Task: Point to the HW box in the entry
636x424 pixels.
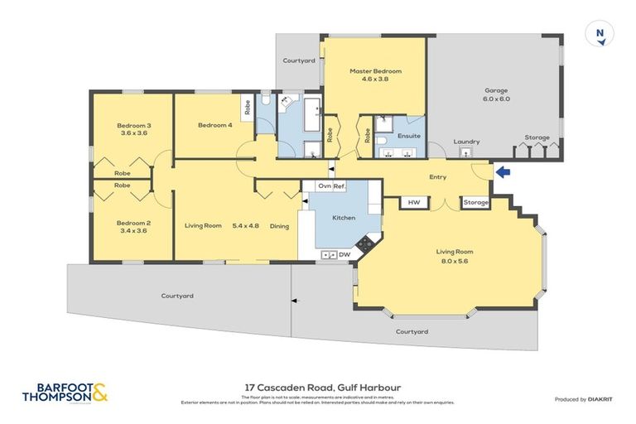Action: [412, 202]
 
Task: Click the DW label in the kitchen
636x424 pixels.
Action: [344, 254]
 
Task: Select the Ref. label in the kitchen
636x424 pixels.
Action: [339, 186]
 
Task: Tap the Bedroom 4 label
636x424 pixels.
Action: [214, 125]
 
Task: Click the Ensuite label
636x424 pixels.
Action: [409, 135]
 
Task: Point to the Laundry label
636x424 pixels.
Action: [466, 142]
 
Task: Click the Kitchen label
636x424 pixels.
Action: [344, 218]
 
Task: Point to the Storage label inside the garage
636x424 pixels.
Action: [537, 137]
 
